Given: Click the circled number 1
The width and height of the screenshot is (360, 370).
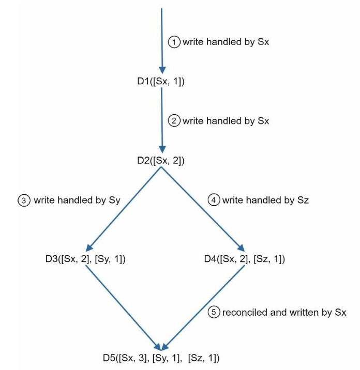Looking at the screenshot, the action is pos(174,42).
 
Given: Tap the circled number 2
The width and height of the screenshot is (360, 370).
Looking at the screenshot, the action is pos(174,121).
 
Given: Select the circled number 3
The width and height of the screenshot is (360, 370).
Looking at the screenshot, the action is pos(24,201).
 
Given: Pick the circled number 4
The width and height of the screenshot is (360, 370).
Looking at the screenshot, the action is pos(214,200).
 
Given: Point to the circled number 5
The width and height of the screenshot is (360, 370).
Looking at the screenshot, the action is pos(214,312).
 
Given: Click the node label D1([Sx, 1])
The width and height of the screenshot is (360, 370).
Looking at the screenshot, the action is pos(161,82).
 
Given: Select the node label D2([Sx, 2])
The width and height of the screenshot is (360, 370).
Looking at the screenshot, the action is pos(161,161).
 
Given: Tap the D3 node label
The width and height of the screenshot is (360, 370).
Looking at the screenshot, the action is pos(85,259).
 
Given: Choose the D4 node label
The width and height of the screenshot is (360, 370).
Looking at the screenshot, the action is pos(245,259).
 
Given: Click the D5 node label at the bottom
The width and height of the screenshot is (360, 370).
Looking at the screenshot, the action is pos(161,358).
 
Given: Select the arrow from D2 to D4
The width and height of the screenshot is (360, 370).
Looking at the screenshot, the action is pos(203,209).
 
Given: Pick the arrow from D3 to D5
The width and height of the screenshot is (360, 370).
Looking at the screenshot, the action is pos(123,308).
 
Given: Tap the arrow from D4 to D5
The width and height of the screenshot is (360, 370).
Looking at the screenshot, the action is pos(203,308).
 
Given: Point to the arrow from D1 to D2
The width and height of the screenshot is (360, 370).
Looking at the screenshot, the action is pos(162,120).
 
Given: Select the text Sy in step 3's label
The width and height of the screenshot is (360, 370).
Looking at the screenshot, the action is pos(114,201).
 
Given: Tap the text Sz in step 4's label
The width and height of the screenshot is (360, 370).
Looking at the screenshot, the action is pos(303,200).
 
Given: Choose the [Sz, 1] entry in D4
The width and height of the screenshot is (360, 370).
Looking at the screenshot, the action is pos(268,259).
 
